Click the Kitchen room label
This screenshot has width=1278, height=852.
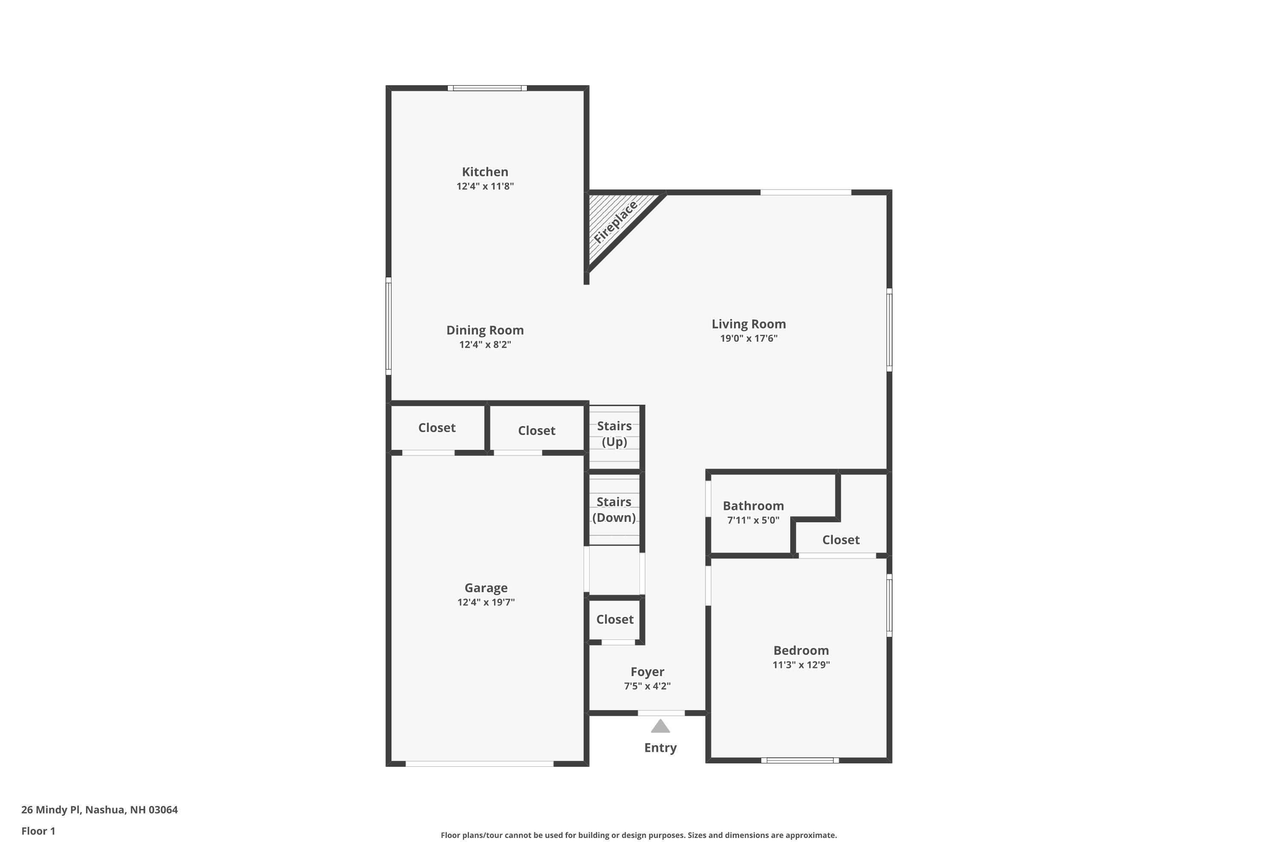(x=485, y=172)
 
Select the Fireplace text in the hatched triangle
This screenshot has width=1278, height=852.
(x=615, y=222)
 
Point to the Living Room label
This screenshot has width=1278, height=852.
(x=749, y=324)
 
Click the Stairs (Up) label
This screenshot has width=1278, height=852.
(x=615, y=434)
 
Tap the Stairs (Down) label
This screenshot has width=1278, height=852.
(x=614, y=509)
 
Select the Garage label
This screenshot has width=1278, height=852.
(x=486, y=588)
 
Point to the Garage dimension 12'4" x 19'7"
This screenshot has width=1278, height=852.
(x=486, y=602)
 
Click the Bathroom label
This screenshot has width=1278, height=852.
(x=753, y=506)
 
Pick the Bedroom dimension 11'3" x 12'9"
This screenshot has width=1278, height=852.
(x=801, y=665)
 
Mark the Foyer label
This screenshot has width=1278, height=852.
(x=647, y=672)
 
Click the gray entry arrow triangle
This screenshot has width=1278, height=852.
(x=660, y=726)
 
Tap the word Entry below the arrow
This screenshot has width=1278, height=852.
(x=660, y=748)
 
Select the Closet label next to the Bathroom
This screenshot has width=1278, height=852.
(x=840, y=540)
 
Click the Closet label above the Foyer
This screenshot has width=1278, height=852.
(x=615, y=619)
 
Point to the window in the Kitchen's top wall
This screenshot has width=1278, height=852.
(x=487, y=88)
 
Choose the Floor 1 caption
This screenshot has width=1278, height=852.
(x=38, y=831)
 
